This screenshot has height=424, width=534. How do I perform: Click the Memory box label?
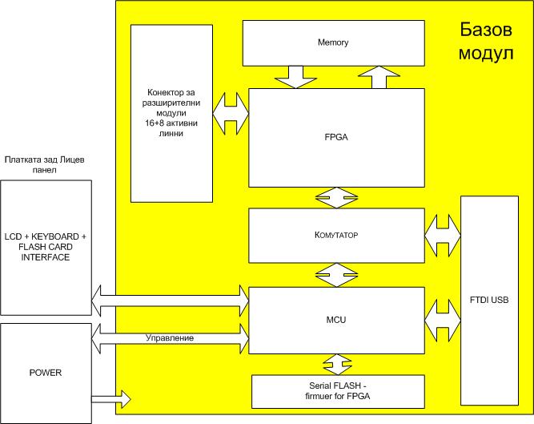click(x=333, y=42)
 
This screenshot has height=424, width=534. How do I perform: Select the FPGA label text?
click(x=336, y=137)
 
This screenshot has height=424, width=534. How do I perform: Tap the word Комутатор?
click(x=336, y=235)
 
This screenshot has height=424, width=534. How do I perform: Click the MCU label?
click(x=336, y=320)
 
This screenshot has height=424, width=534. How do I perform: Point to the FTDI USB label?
click(x=489, y=300)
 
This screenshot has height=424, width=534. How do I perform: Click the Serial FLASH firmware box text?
click(x=338, y=391)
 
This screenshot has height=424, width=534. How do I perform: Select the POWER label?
click(x=46, y=373)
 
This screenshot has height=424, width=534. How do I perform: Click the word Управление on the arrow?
click(x=170, y=337)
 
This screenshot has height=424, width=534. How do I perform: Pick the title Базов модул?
click(x=486, y=41)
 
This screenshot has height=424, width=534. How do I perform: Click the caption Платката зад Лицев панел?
click(x=45, y=164)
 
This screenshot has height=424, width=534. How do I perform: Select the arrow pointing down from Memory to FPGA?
click(x=295, y=77)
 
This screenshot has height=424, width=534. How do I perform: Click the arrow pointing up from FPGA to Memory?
click(x=379, y=77)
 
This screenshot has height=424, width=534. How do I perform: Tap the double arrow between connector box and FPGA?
click(x=231, y=113)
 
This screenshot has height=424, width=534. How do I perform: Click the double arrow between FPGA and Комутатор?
click(x=336, y=198)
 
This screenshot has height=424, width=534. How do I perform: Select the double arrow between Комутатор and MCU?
click(x=336, y=275)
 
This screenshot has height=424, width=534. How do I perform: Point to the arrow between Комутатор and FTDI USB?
click(x=443, y=235)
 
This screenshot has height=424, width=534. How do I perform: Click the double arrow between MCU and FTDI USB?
click(x=443, y=321)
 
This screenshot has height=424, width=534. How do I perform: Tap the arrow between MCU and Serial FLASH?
click(x=338, y=365)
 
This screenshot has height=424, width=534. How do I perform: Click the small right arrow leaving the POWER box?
click(x=111, y=399)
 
